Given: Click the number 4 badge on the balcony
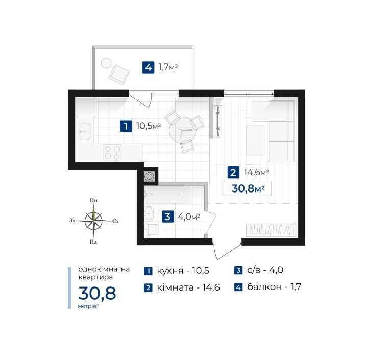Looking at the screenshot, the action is pos(148,67).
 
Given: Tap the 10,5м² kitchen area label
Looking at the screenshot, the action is pos(149,126).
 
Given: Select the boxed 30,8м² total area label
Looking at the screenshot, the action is pos(248,189).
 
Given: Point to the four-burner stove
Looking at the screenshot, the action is pos(113,152).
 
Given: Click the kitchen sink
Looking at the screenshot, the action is pos(85,131).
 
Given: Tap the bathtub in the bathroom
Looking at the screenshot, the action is pos(166,194).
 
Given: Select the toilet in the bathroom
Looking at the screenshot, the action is pos(152,230).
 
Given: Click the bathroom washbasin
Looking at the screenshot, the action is pos(149,213).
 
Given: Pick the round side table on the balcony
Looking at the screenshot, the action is pos(106,63).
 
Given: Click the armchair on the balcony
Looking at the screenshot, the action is pos(119,75).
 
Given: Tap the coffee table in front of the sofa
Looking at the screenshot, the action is pos(255,140).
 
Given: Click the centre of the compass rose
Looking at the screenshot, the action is pos(93,221).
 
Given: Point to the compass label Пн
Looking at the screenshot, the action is pos(93,200).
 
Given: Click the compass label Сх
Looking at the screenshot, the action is pos(115,221).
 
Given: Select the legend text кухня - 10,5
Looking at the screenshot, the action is pos(183,271).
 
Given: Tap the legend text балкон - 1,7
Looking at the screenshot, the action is pos(274,287).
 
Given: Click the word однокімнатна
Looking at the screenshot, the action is pos(104,269).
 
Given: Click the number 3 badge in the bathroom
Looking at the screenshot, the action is pos(167,217).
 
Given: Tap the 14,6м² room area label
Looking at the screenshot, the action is pos(256,172).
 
